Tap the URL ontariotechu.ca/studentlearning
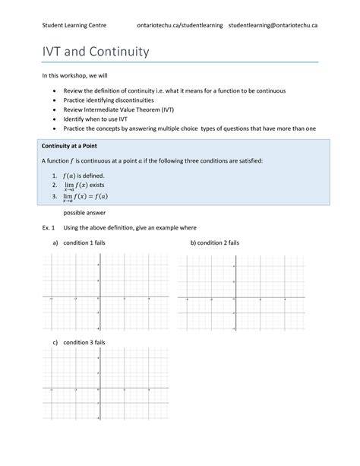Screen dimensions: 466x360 tap(180, 25)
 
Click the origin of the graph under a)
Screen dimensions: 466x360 tap(99, 299)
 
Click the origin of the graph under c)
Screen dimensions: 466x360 tap(99, 390)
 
